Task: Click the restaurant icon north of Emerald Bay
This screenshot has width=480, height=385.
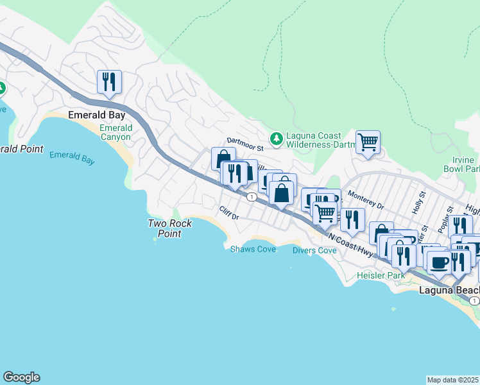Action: (x=109, y=82)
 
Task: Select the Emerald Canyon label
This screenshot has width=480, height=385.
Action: (x=116, y=132)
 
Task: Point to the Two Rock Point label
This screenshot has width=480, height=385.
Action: (x=164, y=228)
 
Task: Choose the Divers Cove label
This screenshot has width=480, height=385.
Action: (x=314, y=250)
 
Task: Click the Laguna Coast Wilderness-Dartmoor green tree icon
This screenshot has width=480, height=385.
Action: (x=276, y=137)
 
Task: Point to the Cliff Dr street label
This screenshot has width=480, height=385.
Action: (x=228, y=213)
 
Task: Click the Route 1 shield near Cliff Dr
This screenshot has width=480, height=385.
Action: (x=253, y=196)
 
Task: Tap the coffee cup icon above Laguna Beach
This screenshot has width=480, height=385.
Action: (x=439, y=262)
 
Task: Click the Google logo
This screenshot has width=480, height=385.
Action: (x=21, y=377)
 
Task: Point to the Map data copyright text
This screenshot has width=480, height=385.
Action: (x=452, y=380)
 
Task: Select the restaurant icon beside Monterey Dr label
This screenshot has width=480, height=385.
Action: (x=352, y=220)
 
